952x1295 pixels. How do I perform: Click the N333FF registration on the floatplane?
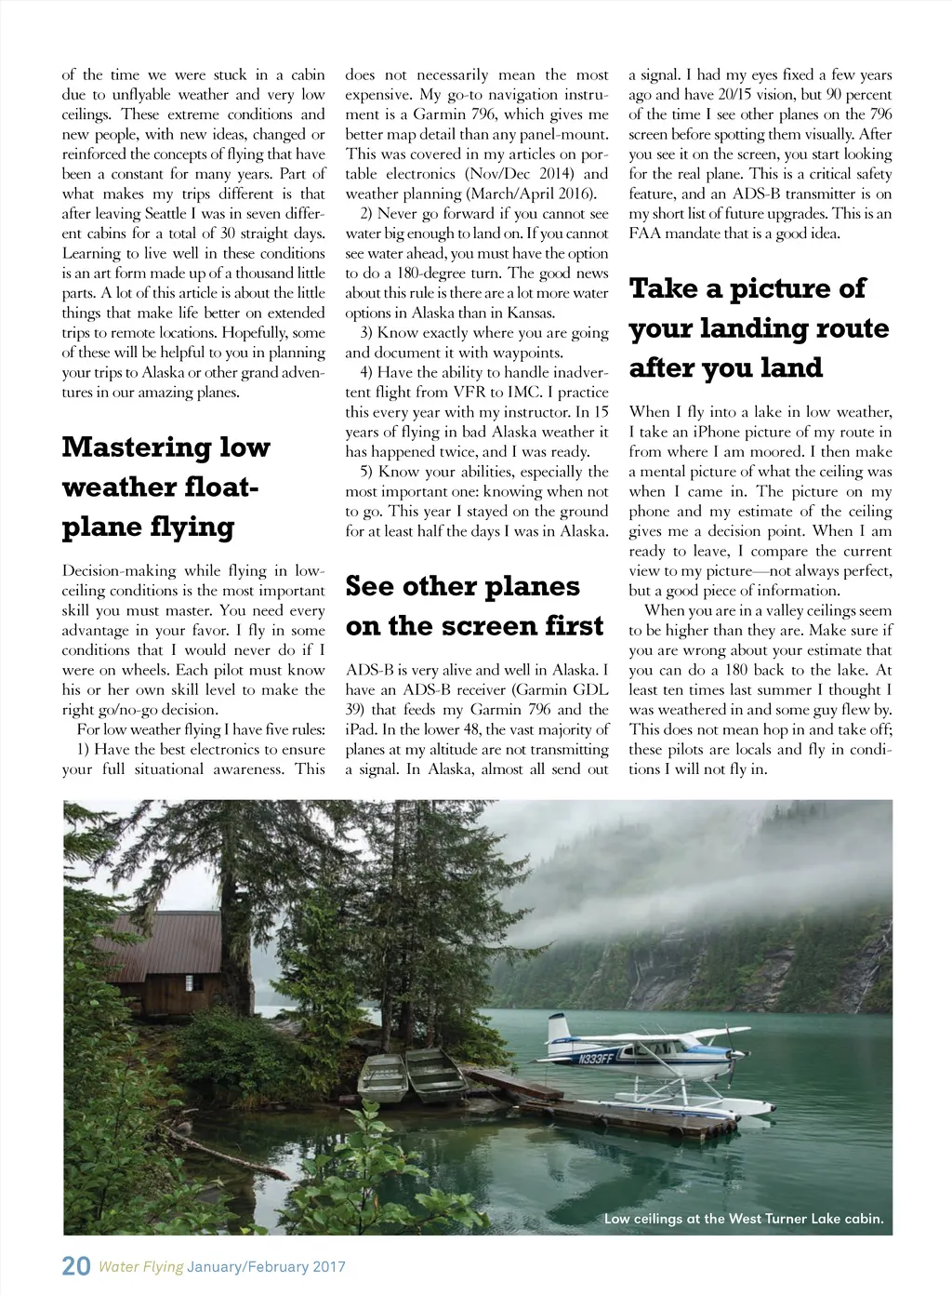(595, 1060)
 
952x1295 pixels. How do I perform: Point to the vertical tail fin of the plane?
(559, 1031)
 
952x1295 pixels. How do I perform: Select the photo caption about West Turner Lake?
(743, 1219)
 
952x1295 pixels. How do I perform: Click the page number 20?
(75, 1266)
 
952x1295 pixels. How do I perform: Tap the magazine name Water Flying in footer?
(140, 1267)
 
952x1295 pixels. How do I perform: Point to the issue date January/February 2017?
(266, 1267)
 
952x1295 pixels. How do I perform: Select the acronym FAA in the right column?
(645, 234)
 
